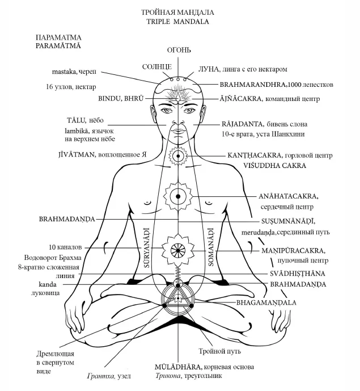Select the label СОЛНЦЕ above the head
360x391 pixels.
click(x=156, y=67)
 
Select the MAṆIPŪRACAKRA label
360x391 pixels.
click(x=293, y=250)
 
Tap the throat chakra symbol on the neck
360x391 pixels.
click(x=178, y=153)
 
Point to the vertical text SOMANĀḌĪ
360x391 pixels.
click(x=210, y=245)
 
